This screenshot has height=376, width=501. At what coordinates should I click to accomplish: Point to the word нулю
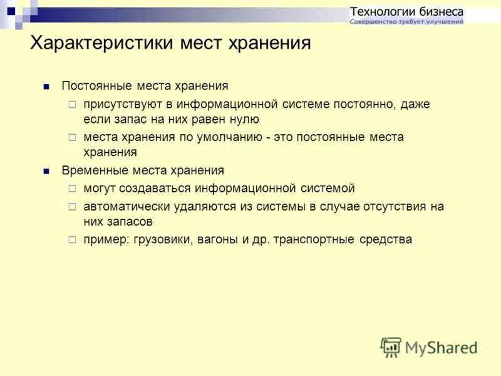point(244,119)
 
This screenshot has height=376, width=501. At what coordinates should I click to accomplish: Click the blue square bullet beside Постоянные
point(46,86)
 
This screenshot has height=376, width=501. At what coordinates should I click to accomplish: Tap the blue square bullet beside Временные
point(46,171)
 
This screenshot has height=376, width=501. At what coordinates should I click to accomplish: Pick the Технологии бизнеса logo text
point(406,11)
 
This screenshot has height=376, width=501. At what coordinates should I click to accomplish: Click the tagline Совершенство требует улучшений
point(406,22)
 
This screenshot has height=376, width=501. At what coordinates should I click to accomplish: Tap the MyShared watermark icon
point(391,347)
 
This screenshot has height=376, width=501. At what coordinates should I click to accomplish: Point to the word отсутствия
point(392,206)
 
